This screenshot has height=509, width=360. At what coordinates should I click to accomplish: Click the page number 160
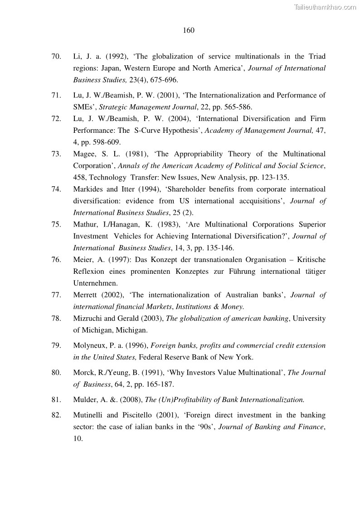click(x=189, y=30)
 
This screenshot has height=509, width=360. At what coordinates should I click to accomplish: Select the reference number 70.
click(x=56, y=57)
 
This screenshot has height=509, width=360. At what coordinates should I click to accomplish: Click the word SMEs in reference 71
click(x=83, y=107)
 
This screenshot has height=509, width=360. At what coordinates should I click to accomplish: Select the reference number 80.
click(x=56, y=373)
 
